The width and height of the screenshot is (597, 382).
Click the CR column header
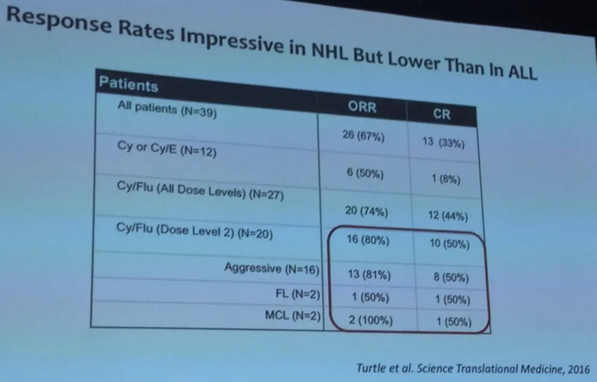(442, 114)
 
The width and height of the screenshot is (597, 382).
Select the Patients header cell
(128, 85)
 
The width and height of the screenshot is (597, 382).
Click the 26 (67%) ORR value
(364, 137)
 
